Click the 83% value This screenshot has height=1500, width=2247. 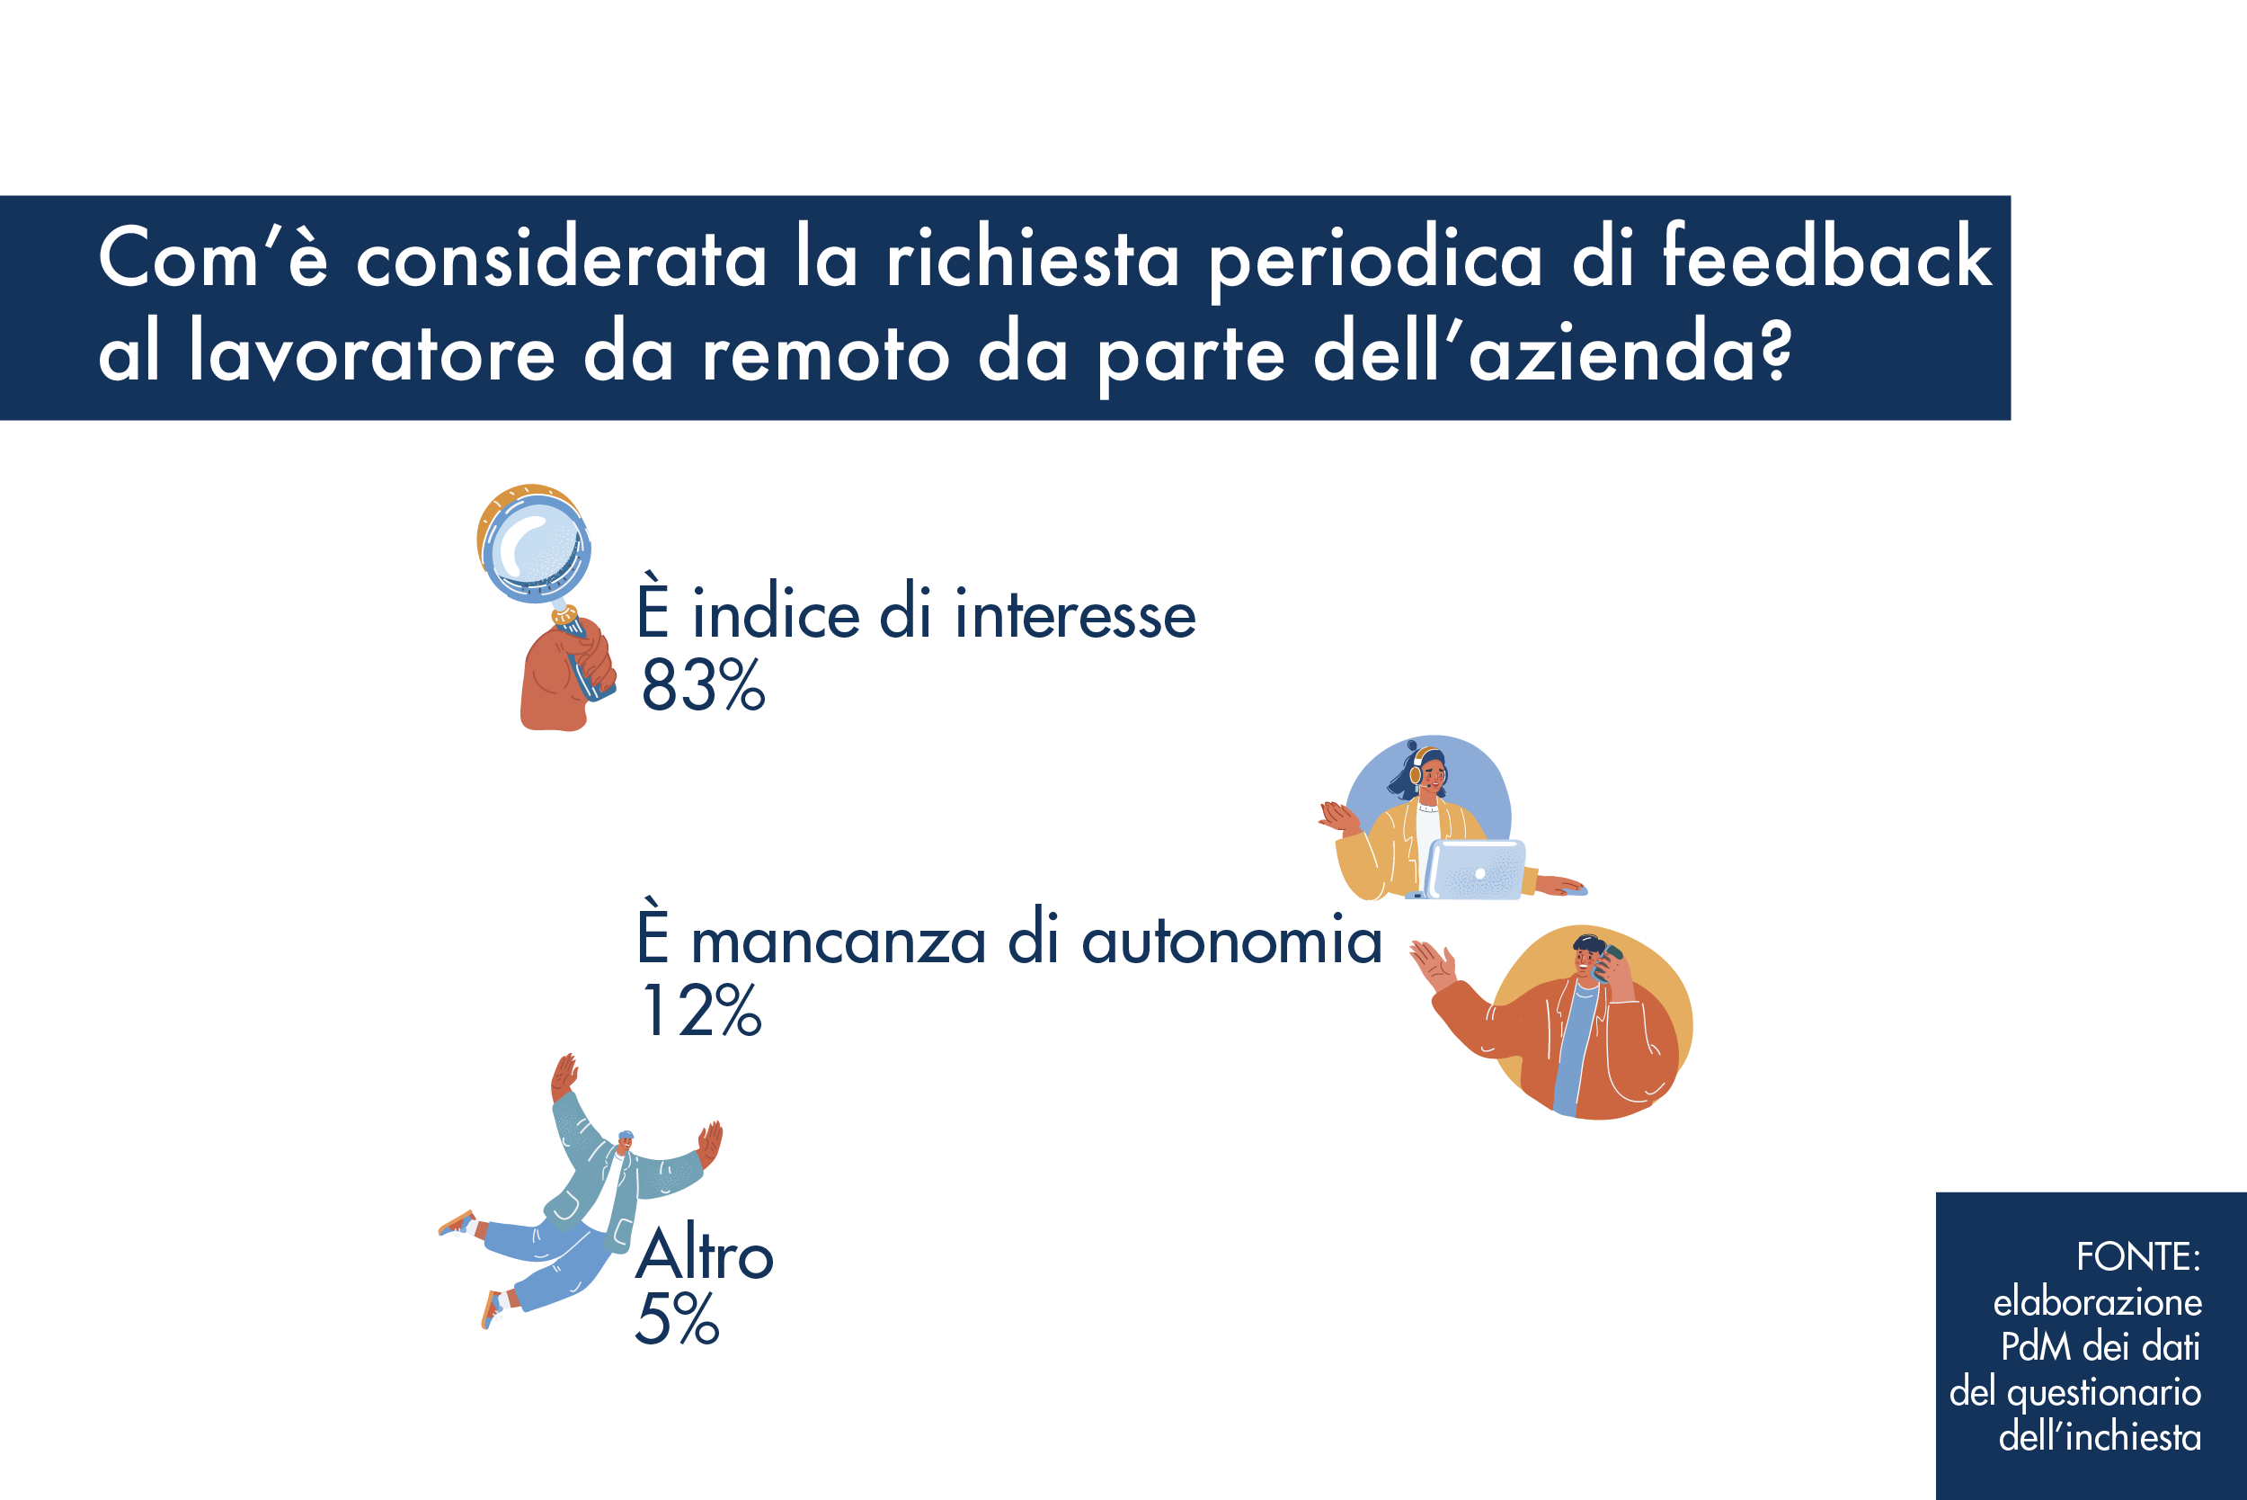click(x=703, y=686)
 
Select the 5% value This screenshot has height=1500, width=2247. click(x=677, y=1318)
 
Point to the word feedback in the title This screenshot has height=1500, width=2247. click(x=1827, y=255)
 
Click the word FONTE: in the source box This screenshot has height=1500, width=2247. click(x=2138, y=1256)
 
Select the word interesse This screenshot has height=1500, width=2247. click(x=1076, y=614)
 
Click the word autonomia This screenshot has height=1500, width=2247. click(x=1231, y=940)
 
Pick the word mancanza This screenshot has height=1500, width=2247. click(x=839, y=942)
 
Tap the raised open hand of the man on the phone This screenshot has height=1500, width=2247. click(x=1434, y=964)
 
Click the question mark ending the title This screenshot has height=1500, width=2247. click(x=1777, y=349)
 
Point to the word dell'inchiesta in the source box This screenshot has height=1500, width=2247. click(x=2100, y=1437)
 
